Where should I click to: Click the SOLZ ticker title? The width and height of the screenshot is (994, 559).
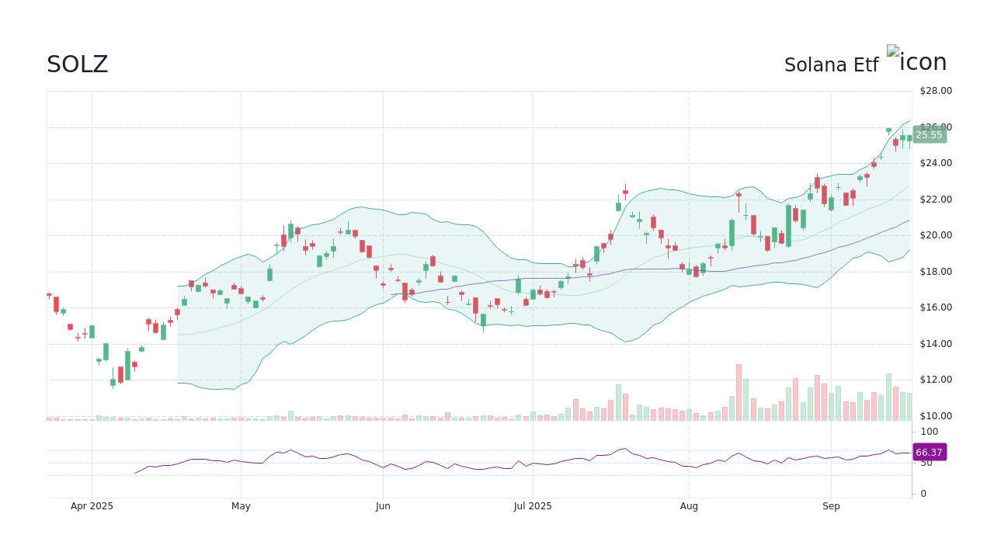point(77,64)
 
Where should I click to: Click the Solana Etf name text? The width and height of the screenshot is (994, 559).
point(831,65)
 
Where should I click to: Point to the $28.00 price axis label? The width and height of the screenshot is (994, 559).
point(935,91)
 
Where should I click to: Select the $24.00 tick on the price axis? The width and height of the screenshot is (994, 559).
point(935,163)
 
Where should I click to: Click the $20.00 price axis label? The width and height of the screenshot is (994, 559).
point(935,235)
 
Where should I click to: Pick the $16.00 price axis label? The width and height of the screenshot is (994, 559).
point(935,307)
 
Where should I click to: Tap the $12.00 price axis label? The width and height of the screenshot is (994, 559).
point(935,380)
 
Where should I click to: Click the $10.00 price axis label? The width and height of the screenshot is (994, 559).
point(935,416)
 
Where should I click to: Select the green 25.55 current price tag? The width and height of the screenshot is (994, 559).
point(929,135)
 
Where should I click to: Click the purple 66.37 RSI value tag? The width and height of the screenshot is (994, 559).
point(929,452)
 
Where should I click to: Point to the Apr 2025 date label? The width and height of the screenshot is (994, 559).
point(92,506)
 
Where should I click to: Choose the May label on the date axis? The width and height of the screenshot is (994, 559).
point(241,506)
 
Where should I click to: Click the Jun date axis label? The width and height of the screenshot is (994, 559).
point(383,506)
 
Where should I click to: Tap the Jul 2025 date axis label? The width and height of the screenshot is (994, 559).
point(533,506)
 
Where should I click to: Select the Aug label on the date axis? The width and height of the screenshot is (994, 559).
point(689,506)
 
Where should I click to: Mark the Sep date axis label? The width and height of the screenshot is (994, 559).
point(831,506)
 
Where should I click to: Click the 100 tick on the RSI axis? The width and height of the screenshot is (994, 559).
point(929,432)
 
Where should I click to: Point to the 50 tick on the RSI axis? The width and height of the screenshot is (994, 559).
point(926,463)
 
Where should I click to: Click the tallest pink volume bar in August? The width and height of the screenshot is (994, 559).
point(739,393)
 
